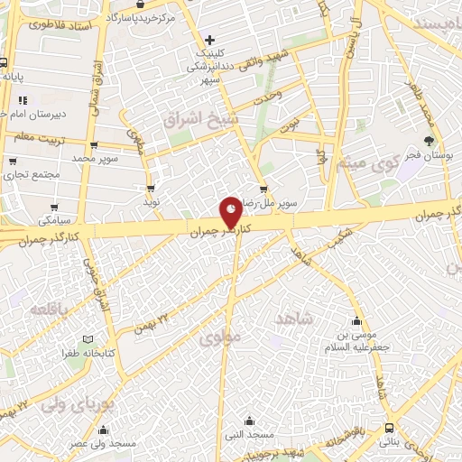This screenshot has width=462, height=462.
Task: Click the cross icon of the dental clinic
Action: (x=209, y=40)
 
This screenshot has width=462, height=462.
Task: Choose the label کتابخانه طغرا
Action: (x=88, y=354)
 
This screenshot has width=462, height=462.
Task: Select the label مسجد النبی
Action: (x=250, y=436)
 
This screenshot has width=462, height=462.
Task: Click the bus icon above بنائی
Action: (x=388, y=428)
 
